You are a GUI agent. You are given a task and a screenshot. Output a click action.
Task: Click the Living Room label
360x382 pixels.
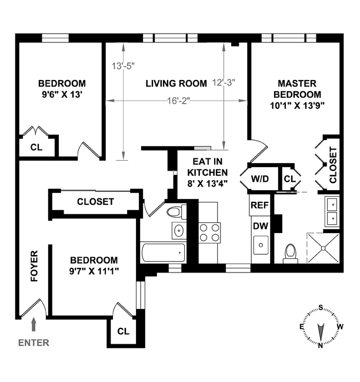click(x=176, y=84)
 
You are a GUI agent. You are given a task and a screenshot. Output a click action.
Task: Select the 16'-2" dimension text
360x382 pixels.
click(x=178, y=101)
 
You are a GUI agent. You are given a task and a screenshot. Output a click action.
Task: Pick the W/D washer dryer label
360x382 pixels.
click(x=260, y=179)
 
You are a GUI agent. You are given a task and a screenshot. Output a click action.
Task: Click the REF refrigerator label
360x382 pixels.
click(x=260, y=205)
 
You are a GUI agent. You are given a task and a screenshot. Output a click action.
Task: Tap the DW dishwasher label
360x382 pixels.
click(x=260, y=225)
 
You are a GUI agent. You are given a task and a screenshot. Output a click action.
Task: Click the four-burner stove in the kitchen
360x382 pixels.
click(x=209, y=232)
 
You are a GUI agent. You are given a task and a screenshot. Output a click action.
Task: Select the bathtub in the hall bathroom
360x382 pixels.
click(x=163, y=254)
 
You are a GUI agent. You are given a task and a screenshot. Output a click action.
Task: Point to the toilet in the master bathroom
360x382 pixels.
click(x=289, y=253)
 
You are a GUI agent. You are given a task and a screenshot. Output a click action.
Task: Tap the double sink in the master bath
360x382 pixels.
click(x=331, y=211)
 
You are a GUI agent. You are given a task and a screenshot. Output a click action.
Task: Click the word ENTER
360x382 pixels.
click(x=34, y=343)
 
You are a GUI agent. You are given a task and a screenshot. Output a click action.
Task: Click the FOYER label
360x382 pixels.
click(x=34, y=267)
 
